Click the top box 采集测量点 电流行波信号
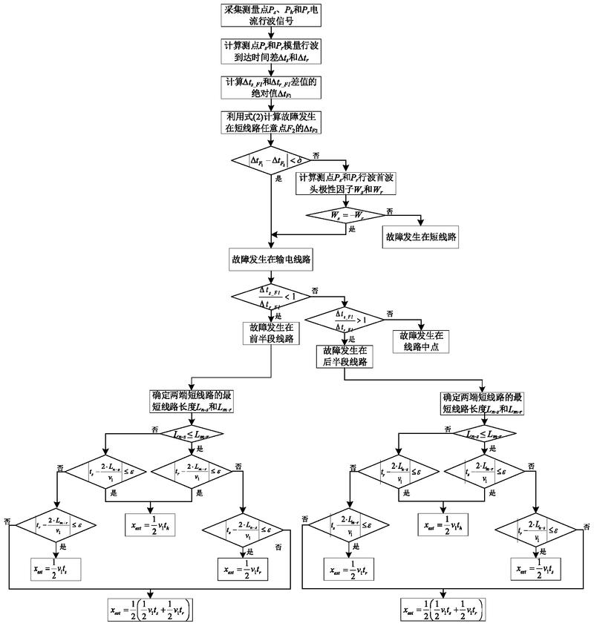(x=273, y=16)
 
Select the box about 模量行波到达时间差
(x=273, y=51)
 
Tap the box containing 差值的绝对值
(x=273, y=88)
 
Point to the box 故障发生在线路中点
(x=421, y=340)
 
